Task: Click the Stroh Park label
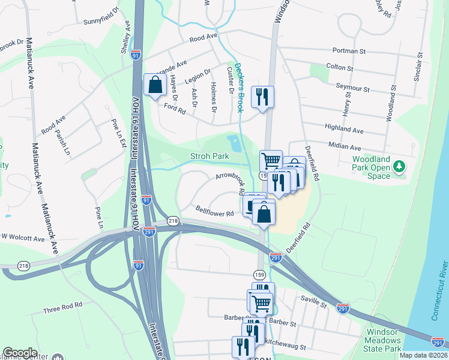[x=209, y=156]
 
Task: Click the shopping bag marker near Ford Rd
[x=155, y=85]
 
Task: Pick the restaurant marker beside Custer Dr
[x=262, y=96]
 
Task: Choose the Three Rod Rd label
[x=63, y=308]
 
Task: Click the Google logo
[x=20, y=353]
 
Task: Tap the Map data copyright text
[x=423, y=355]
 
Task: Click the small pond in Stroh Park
[x=234, y=143]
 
